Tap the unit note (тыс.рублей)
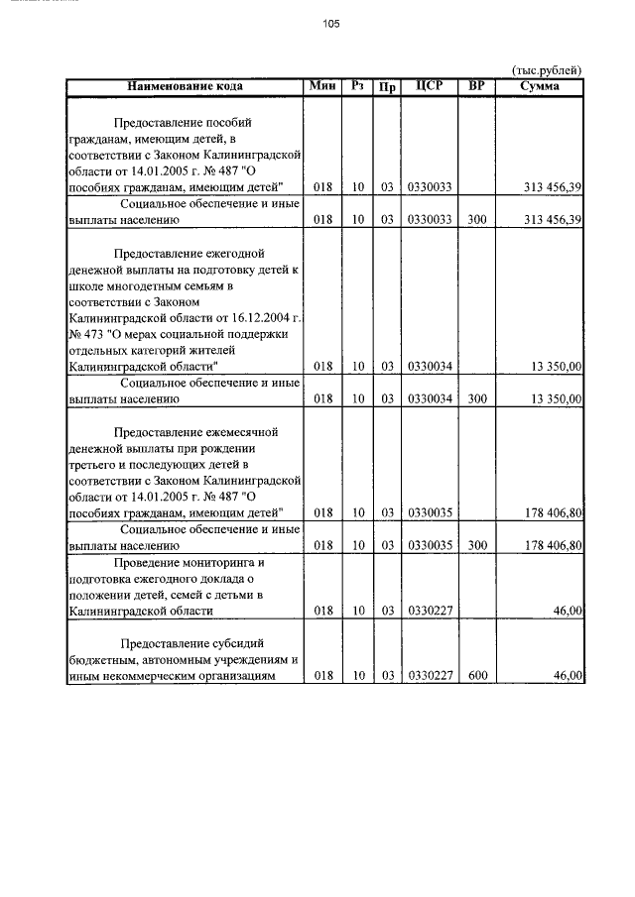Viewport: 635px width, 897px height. [x=546, y=69]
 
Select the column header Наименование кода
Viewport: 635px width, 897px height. [x=185, y=86]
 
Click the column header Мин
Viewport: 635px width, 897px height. [x=322, y=86]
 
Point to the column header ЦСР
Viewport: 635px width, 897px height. [x=430, y=86]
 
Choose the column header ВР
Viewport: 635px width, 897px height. [x=477, y=86]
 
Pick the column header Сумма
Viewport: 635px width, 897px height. [x=540, y=86]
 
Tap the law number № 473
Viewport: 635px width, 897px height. [x=86, y=333]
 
